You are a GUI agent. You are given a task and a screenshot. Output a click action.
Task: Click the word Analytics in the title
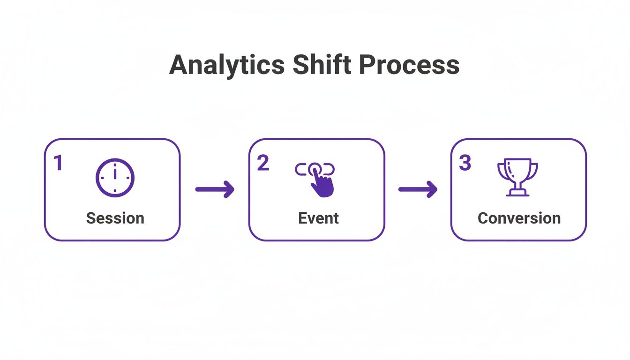pyautogui.click(x=226, y=65)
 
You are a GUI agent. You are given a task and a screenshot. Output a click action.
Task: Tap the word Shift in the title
pyautogui.click(x=322, y=65)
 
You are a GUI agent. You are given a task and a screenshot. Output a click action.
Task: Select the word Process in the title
pyautogui.click(x=409, y=65)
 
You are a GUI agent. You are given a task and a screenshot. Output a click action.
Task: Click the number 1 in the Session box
pyautogui.click(x=58, y=164)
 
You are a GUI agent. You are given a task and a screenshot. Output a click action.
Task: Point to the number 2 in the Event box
pyautogui.click(x=263, y=163)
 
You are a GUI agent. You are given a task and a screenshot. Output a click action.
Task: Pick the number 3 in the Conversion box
pyautogui.click(x=465, y=163)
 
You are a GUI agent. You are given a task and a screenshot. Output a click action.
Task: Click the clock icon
pyautogui.click(x=115, y=178)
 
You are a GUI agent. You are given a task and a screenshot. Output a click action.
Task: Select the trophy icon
pyautogui.click(x=517, y=177)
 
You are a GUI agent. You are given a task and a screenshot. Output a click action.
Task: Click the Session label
pyautogui.click(x=115, y=218)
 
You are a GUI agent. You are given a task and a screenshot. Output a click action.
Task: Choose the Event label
pyautogui.click(x=318, y=218)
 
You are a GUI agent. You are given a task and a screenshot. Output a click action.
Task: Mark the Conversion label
pyautogui.click(x=519, y=218)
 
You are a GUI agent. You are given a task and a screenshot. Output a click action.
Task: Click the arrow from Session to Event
pyautogui.click(x=215, y=189)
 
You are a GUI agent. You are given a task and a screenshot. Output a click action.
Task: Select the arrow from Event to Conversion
pyautogui.click(x=418, y=189)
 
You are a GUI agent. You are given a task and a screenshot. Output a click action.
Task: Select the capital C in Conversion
pyautogui.click(x=483, y=218)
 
